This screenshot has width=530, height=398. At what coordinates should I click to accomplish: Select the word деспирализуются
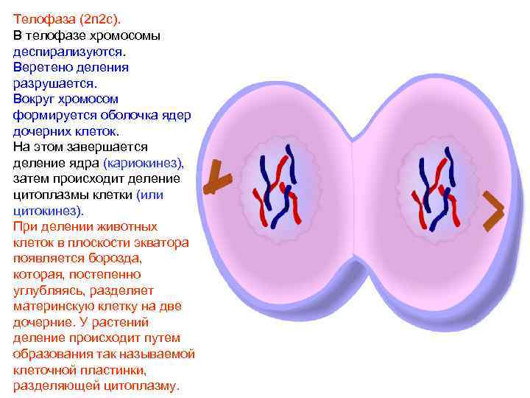tap(68, 52)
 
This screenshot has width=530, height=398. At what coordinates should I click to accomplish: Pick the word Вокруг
tap(33, 99)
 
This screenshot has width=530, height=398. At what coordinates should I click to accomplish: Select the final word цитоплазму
tap(135, 386)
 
